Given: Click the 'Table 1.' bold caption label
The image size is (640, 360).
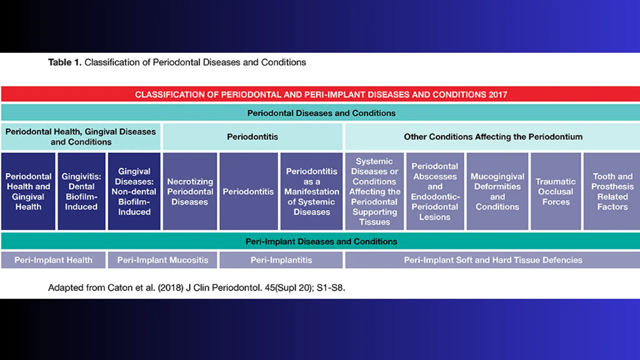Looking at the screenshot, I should (65, 62).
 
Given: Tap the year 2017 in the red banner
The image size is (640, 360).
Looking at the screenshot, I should (498, 95).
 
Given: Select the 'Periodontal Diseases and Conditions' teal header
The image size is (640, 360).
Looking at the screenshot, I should (321, 113).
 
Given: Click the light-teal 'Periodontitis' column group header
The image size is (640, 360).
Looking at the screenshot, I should (252, 137).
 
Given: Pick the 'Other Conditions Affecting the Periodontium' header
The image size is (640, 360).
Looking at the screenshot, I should (493, 137).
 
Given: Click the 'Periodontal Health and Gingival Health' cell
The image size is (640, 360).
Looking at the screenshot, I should (28, 192).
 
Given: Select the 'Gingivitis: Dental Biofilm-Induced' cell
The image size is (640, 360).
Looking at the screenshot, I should (81, 192).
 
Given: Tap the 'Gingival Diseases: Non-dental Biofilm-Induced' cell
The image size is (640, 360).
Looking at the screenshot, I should (134, 192).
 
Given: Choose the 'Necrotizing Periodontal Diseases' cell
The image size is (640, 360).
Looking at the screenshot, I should (190, 192).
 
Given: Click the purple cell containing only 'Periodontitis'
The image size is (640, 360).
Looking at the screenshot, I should (248, 192).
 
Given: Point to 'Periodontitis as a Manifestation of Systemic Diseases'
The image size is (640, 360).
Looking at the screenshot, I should (312, 192).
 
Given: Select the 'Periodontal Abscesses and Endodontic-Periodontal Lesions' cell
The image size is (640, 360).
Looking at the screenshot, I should (435, 192).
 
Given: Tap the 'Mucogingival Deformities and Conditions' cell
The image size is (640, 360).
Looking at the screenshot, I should (497, 192).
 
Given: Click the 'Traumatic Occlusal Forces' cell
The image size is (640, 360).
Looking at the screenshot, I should (556, 192).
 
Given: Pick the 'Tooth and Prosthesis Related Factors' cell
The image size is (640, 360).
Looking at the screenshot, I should (612, 192).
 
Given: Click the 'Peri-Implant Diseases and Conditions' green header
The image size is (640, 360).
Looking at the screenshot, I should (321, 242).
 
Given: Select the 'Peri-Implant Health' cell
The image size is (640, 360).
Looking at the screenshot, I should (53, 260).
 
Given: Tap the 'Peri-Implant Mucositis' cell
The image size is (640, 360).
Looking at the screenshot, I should (162, 260).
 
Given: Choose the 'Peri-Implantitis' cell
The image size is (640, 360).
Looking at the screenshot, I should (281, 260).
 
